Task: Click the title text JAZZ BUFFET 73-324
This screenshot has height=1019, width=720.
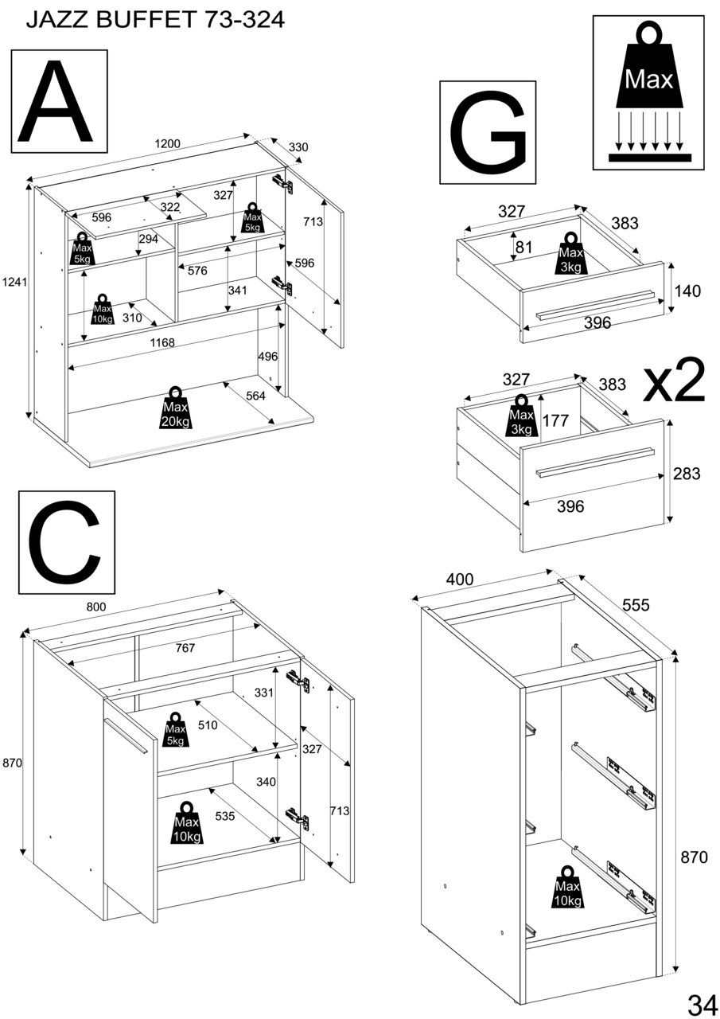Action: pos(155,20)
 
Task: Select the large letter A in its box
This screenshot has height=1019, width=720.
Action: pos(59,101)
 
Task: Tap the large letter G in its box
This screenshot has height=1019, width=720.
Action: pos(488,132)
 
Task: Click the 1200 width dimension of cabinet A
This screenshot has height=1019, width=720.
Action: pos(167,144)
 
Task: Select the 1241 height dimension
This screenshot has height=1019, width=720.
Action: pos(14,282)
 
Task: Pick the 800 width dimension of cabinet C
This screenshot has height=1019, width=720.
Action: pos(95,607)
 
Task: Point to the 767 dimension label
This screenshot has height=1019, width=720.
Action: pos(185,648)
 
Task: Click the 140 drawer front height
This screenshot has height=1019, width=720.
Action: pos(687,291)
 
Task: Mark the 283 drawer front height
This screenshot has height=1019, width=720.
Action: pos(687,474)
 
